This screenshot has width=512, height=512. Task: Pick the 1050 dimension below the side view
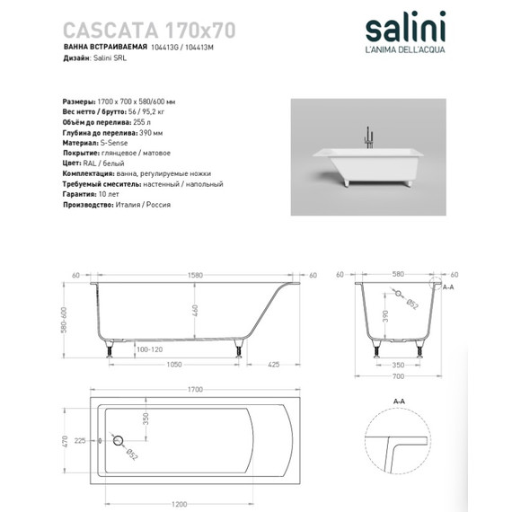pyautogui.click(x=173, y=365)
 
